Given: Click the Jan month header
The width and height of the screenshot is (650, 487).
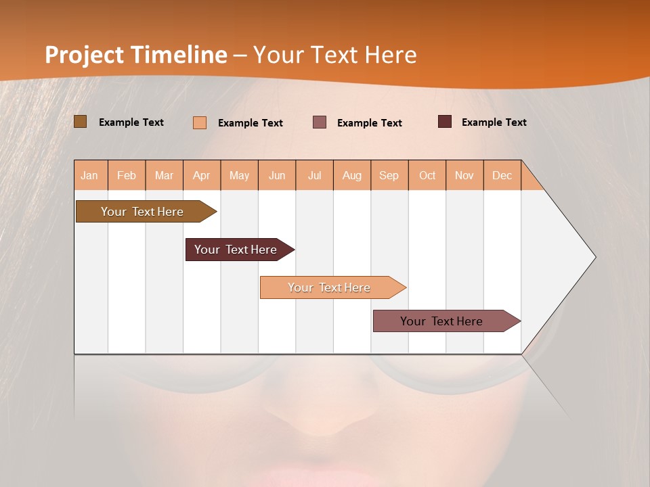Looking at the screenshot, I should [89, 175].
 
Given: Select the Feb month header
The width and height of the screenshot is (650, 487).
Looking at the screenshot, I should [127, 175].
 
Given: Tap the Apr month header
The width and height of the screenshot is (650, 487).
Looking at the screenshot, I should [201, 175].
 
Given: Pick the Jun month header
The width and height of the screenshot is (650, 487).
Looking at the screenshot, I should [277, 175].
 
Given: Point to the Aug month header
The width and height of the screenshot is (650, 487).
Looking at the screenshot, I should [351, 175].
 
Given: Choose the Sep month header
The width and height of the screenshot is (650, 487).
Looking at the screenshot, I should [389, 175].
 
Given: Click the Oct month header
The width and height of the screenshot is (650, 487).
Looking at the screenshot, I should [427, 175].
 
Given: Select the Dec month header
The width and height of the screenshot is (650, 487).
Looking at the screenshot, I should [502, 175].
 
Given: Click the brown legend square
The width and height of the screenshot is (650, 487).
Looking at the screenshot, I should [80, 122].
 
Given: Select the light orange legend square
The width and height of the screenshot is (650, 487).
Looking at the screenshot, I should [200, 122].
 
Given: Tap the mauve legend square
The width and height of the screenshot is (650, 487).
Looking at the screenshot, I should [320, 122].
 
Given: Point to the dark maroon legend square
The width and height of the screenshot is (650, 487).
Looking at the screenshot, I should [445, 122].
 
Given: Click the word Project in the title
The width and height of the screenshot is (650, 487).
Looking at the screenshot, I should [85, 55].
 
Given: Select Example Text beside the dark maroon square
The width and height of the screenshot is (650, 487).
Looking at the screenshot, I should [494, 122].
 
